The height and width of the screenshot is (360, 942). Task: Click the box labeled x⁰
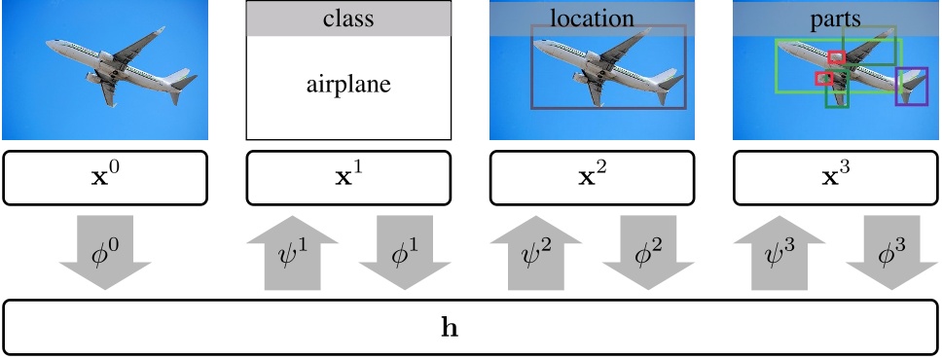[105, 178]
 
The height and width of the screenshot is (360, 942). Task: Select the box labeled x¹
[348, 178]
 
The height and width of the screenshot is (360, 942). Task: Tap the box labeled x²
[592, 178]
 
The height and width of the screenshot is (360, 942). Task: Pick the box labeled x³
[835, 178]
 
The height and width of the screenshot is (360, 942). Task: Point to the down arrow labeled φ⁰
[105, 255]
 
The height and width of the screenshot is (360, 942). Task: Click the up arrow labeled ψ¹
[290, 255]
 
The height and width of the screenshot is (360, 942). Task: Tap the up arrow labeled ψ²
[533, 255]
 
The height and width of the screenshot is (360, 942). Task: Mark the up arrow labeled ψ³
[777, 255]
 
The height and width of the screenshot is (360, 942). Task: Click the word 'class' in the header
[348, 18]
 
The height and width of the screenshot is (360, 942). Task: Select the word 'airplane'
[348, 86]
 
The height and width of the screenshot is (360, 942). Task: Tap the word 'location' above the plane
[592, 18]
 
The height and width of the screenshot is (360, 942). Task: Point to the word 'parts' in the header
[835, 18]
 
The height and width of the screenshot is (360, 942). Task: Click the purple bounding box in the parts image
[912, 86]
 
